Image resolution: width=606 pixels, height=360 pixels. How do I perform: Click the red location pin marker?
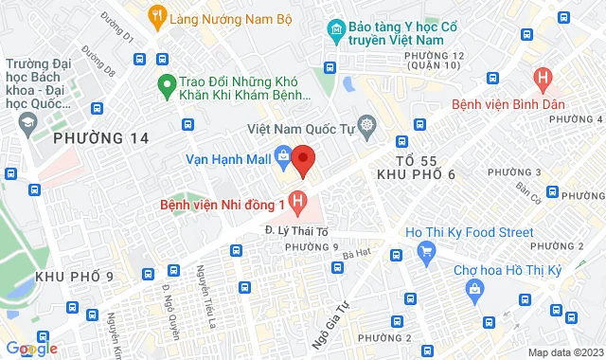click(303, 159)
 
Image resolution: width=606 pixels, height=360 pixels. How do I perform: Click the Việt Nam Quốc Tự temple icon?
click(365, 126)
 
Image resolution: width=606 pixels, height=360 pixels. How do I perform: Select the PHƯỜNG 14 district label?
click(101, 138)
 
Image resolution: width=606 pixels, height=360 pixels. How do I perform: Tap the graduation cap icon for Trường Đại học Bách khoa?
click(27, 120)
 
